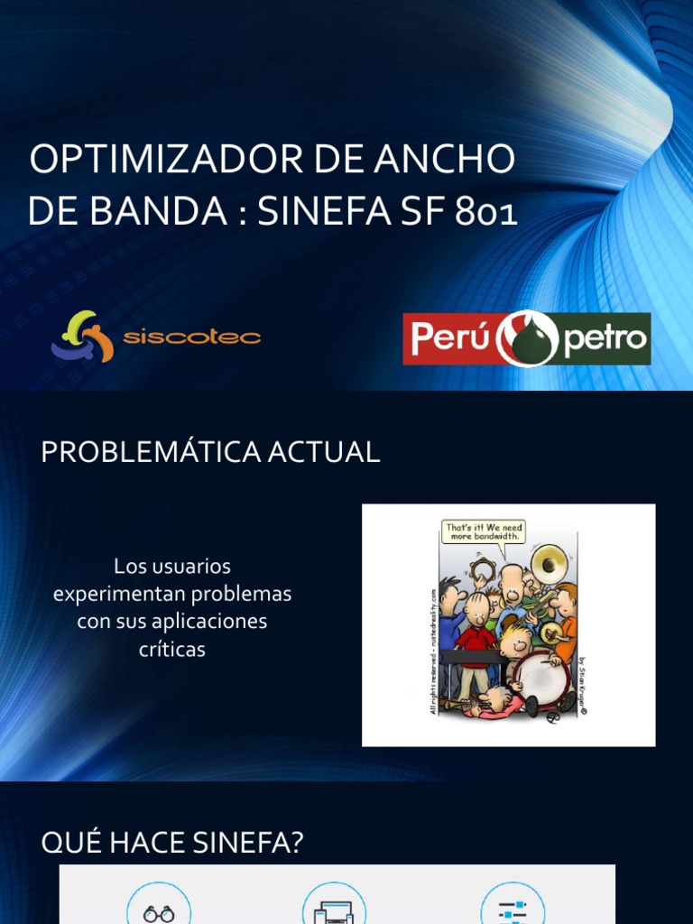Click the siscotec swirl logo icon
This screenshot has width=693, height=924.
(x=82, y=337)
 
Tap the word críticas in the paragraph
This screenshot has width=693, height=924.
(x=172, y=649)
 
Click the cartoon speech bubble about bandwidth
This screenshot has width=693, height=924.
(x=483, y=531)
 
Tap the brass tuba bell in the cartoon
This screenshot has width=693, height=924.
(x=548, y=565)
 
